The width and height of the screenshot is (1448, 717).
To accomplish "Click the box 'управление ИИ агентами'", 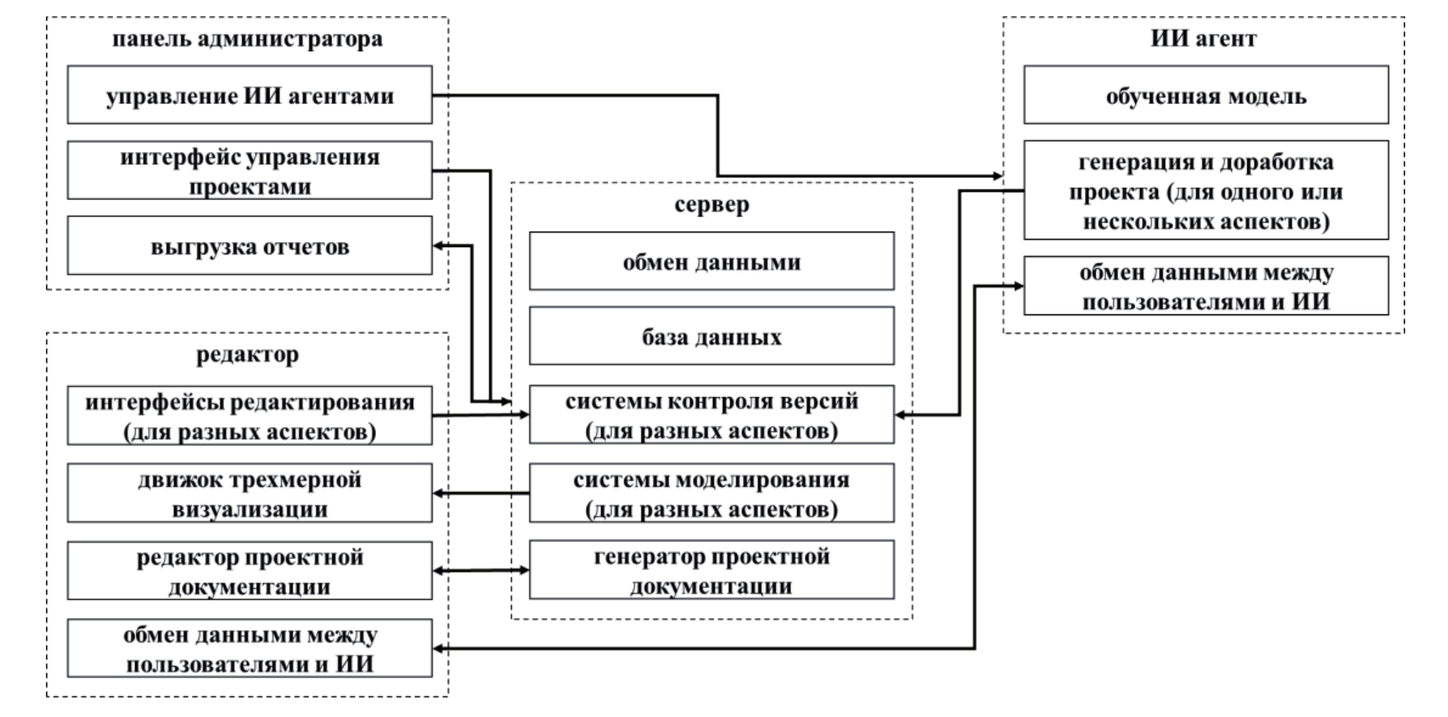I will pos(250,96).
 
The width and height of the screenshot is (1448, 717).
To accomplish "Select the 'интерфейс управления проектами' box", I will pos(250,171).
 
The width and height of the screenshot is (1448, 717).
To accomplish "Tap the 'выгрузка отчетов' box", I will pos(250,246).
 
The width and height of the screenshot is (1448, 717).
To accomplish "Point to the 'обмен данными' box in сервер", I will pos(711,262).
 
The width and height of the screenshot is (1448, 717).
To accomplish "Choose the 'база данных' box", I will pos(711,336).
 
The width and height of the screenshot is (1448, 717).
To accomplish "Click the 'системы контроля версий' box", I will pos(711,415).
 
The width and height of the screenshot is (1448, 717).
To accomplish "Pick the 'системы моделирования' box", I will pos(711,493).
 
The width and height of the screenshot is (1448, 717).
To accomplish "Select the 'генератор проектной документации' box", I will pos(711,570).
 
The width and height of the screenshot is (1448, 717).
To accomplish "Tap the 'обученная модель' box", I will pos(1206,96).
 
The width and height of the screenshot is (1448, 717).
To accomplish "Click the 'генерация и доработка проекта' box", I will pos(1206,191).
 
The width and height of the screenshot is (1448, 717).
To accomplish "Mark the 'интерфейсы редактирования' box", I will pos(250,416).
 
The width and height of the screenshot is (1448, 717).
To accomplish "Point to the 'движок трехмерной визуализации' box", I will pos(250,493).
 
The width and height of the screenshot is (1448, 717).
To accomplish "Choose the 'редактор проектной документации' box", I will pos(250,571).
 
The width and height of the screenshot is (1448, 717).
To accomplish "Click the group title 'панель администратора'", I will pos(247,39).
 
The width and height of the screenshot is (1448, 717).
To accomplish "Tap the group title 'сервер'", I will pos(711,204).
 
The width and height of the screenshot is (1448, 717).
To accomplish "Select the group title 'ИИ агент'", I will pos(1203,38).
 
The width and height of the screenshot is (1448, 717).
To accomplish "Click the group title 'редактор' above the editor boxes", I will pos(247,355).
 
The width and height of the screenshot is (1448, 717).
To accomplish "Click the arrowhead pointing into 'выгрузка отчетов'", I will pos(439,246).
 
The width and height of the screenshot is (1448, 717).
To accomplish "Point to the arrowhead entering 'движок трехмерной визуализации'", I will pos(439,493).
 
